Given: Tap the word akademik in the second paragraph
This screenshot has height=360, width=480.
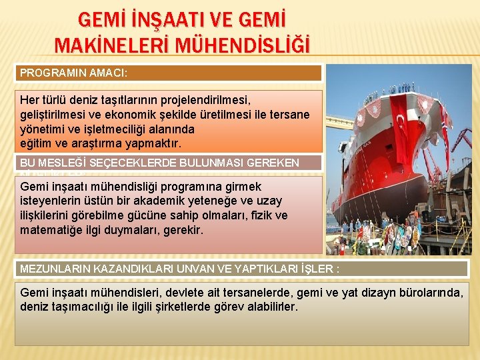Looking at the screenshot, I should click(x=163, y=201).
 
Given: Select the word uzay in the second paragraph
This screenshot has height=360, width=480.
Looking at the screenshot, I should click(x=270, y=201).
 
